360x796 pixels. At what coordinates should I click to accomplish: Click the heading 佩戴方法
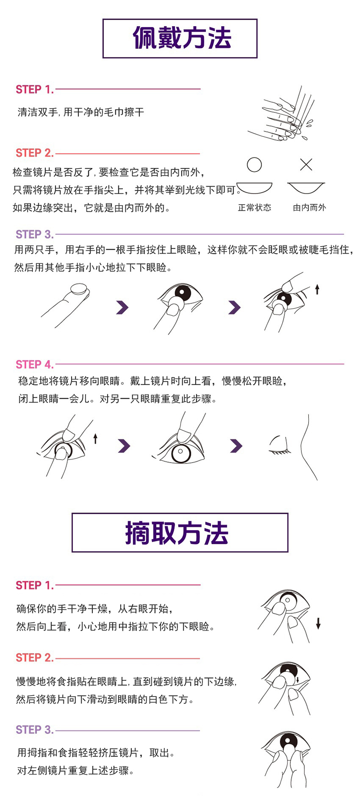(x=182, y=38)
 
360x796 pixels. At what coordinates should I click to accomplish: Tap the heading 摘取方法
(x=177, y=533)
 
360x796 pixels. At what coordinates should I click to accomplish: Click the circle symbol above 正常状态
(x=254, y=165)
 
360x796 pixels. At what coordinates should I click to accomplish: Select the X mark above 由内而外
(x=306, y=164)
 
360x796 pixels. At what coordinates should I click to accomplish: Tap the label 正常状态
(x=255, y=207)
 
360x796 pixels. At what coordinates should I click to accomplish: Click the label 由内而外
(x=310, y=207)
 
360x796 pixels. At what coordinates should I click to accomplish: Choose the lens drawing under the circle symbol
(x=255, y=187)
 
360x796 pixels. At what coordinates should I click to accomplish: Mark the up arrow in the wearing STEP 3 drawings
(x=317, y=289)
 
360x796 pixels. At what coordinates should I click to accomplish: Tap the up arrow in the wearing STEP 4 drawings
(x=95, y=438)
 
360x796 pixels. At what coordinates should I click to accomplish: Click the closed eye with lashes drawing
(x=280, y=445)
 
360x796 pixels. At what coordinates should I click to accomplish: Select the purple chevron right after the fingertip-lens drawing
(x=122, y=307)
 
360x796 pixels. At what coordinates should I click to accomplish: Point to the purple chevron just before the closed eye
(x=236, y=446)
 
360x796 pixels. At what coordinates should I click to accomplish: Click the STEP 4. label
(x=35, y=364)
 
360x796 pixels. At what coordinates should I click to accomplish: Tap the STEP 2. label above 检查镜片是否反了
(x=35, y=153)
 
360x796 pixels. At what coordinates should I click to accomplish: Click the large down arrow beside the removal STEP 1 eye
(x=318, y=623)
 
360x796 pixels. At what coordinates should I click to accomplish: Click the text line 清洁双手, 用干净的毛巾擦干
(x=81, y=112)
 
